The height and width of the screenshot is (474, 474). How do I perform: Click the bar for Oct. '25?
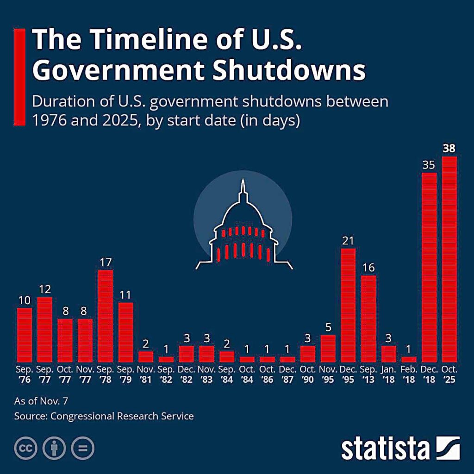[x=449, y=259]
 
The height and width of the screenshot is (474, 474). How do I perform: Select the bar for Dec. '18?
[x=429, y=267]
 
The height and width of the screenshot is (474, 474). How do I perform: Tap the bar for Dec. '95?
[x=348, y=305]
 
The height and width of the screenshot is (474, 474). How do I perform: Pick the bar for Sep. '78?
[x=106, y=316]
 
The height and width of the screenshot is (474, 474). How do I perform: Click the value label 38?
[x=449, y=149]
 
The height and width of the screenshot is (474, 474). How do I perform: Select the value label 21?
[x=348, y=240]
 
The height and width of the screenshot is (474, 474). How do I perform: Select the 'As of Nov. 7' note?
[x=37, y=400]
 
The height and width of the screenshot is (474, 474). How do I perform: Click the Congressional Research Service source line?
[x=104, y=416]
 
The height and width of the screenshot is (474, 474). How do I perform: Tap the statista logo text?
[x=386, y=449]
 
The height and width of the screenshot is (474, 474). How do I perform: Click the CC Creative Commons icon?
[x=26, y=448]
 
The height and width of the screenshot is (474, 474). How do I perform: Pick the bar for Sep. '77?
[x=44, y=329]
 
